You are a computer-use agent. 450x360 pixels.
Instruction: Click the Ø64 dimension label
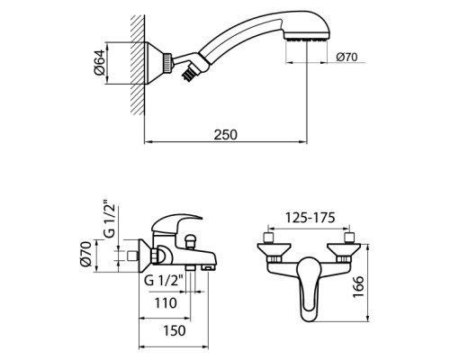point(99,61)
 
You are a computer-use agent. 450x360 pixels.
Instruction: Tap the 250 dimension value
point(225,134)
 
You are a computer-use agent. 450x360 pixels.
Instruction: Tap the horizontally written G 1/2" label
point(163,280)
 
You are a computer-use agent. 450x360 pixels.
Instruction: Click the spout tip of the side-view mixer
point(206,267)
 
